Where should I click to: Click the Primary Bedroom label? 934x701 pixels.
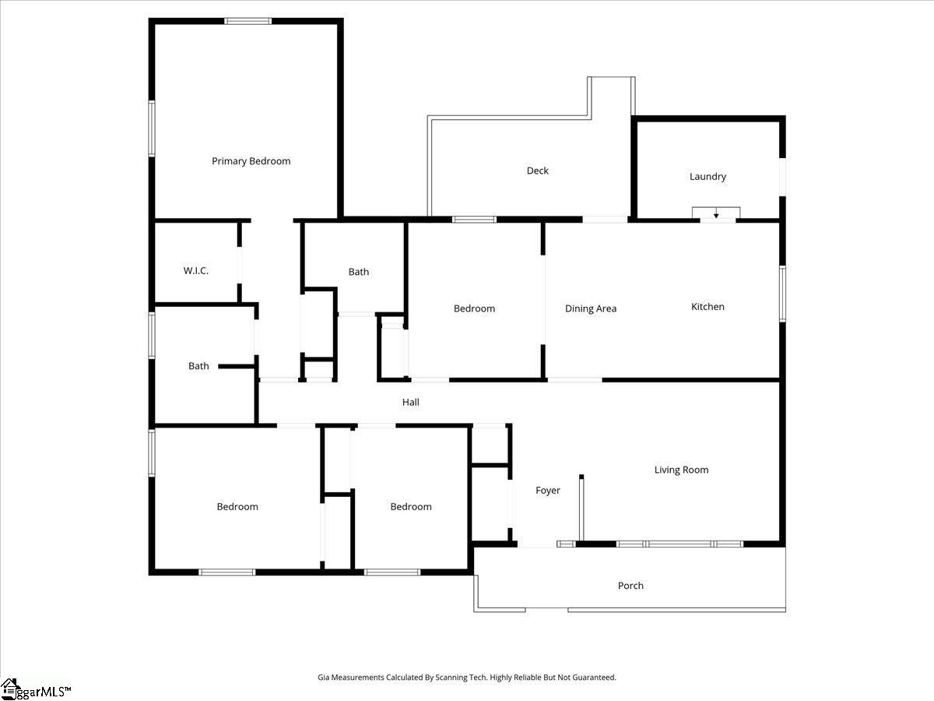tap(251, 161)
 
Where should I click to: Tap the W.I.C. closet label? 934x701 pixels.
tap(196, 271)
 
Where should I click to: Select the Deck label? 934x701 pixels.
tap(537, 171)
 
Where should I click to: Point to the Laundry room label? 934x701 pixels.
tap(708, 177)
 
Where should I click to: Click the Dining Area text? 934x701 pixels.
tap(590, 308)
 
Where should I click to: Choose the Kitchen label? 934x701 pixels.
tap(708, 307)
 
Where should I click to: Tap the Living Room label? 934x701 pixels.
tap(681, 470)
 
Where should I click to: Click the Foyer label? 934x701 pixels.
tap(547, 491)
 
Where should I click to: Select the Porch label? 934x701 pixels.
tap(630, 586)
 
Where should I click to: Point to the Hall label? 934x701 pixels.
tap(410, 403)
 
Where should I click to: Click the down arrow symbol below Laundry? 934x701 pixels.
tap(716, 213)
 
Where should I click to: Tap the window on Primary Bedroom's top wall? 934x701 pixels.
tap(248, 21)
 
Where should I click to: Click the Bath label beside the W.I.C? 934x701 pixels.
tap(198, 366)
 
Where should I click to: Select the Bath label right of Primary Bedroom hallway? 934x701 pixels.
tap(358, 272)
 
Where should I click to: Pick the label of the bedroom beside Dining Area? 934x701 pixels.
tap(474, 308)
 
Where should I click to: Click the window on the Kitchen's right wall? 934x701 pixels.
tap(782, 293)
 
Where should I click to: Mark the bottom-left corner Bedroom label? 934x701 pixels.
tap(237, 507)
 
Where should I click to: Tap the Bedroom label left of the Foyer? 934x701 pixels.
tap(410, 507)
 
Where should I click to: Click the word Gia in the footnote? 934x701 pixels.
tap(323, 678)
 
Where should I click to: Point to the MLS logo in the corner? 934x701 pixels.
tap(35, 689)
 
